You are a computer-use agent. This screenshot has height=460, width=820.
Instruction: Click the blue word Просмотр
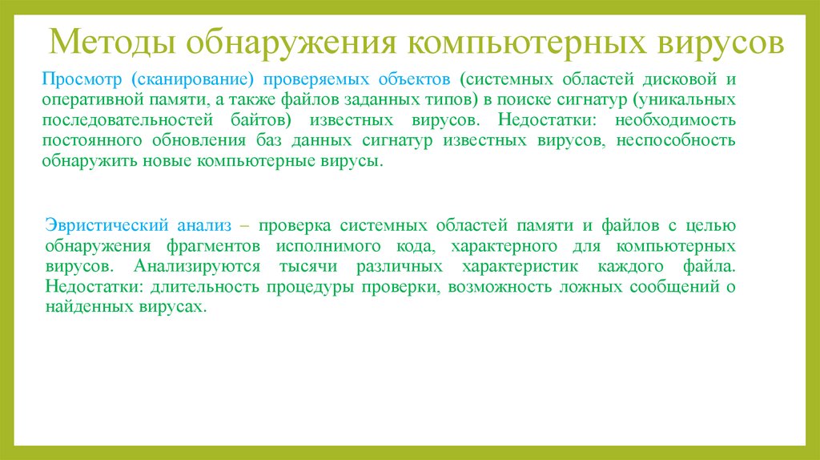pos(84,80)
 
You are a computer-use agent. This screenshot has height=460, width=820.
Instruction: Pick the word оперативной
pos(91,100)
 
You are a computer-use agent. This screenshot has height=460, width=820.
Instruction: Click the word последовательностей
pos(123,120)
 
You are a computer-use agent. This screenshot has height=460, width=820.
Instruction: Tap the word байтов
pos(255,120)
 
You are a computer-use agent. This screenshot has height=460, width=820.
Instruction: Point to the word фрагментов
pos(211,246)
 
